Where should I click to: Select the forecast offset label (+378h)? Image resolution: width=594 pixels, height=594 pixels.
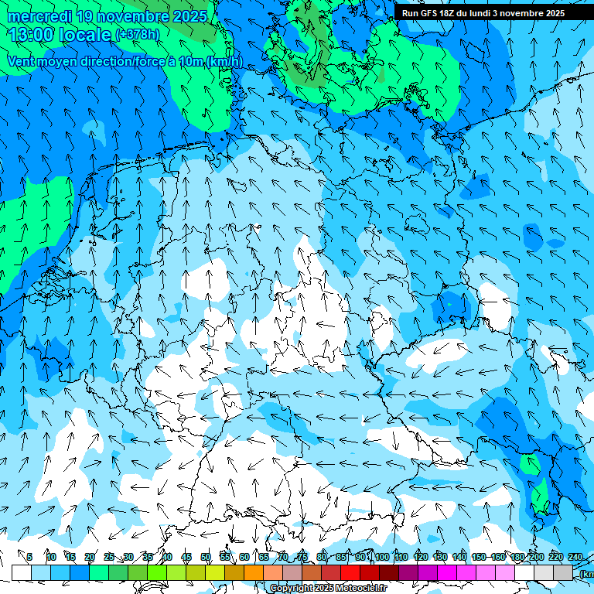[x=138, y=35]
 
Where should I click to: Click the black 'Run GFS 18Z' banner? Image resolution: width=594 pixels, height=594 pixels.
[x=483, y=12]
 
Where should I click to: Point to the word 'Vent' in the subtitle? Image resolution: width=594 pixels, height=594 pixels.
[x=22, y=61]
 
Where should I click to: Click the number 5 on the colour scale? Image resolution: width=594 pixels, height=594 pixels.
[x=29, y=557]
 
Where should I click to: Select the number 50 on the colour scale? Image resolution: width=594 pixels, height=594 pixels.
[x=206, y=557]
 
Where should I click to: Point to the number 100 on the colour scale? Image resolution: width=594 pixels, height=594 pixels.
[x=381, y=557]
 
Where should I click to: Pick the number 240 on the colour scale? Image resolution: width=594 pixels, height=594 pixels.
[x=575, y=557]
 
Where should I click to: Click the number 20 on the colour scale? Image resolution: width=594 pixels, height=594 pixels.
[x=90, y=557]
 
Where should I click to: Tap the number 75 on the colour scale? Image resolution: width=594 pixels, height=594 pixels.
[x=302, y=557]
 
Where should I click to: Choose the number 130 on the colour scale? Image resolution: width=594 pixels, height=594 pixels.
[x=439, y=557]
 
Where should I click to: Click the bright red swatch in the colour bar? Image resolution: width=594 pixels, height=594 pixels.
[x=350, y=572]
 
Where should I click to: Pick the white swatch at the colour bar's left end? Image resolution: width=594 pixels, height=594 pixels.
[x=21, y=572]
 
